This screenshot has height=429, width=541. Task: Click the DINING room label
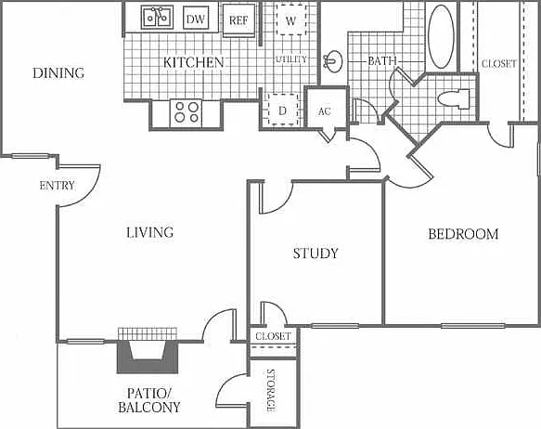[x=58, y=72]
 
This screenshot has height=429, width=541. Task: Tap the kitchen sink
[x=157, y=17]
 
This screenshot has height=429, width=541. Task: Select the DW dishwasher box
[x=196, y=19]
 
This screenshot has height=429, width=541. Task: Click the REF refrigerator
[x=238, y=20]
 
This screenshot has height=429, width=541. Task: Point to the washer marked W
[x=290, y=20]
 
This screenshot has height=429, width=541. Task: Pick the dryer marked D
[x=283, y=110]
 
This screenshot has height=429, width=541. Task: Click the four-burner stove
[x=187, y=112]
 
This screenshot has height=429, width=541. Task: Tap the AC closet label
[x=325, y=111]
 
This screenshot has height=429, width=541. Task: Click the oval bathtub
[x=441, y=35]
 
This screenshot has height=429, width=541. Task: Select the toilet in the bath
[x=454, y=99]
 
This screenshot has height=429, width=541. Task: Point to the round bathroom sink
[x=333, y=61]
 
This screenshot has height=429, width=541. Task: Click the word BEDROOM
[x=463, y=234]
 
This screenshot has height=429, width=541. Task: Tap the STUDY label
[x=316, y=253]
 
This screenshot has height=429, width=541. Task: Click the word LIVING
[x=149, y=232]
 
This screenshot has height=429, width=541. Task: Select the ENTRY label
[x=57, y=186]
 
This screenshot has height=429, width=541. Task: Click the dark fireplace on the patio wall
[x=148, y=357]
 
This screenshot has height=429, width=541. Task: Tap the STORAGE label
[x=271, y=390]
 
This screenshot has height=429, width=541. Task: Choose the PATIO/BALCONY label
[x=149, y=400]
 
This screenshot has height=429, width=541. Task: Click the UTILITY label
[x=291, y=59]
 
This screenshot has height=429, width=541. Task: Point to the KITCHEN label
[x=194, y=62]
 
